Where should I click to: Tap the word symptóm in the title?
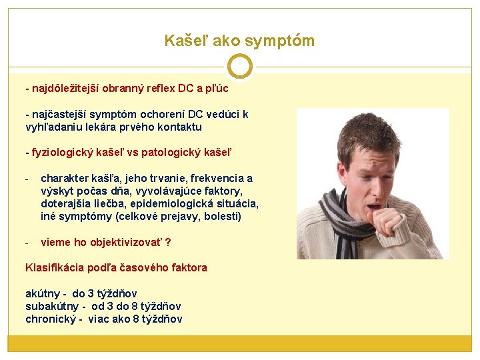[280, 41]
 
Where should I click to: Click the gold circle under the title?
[239, 67]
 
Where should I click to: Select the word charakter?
[66, 179]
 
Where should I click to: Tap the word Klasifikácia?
[54, 267]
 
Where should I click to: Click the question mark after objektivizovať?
[168, 242]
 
